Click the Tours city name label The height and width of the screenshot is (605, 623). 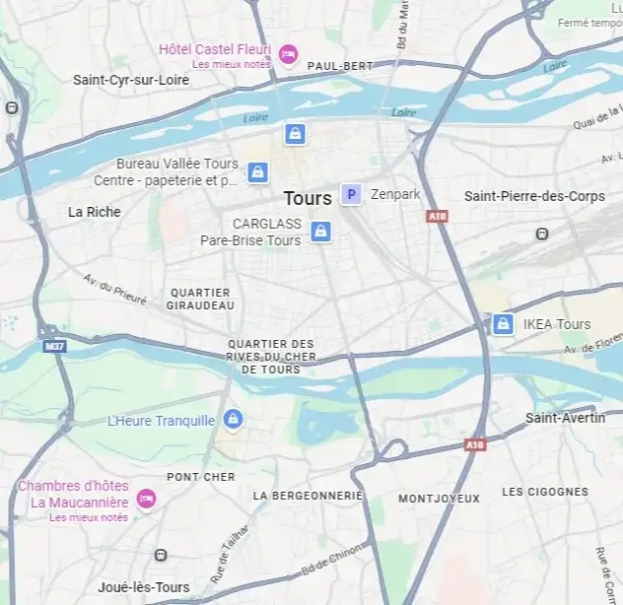pyautogui.click(x=308, y=198)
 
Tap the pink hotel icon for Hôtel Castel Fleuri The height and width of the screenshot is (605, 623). pyautogui.click(x=288, y=53)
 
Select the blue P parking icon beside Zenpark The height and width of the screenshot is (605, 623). pyautogui.click(x=350, y=195)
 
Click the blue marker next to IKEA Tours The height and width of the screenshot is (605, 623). pyautogui.click(x=503, y=324)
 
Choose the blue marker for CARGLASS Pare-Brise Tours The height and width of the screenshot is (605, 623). pyautogui.click(x=319, y=232)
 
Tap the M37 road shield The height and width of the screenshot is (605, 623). pyautogui.click(x=54, y=346)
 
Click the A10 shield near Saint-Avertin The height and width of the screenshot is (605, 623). pyautogui.click(x=475, y=445)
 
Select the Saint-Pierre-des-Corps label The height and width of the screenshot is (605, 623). pyautogui.click(x=534, y=197)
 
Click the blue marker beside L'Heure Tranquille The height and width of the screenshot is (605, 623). pyautogui.click(x=234, y=420)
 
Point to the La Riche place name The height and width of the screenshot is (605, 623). pyautogui.click(x=95, y=212)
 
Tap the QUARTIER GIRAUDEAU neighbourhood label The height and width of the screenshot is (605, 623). pyautogui.click(x=201, y=299)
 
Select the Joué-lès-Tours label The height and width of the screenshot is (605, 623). pyautogui.click(x=144, y=588)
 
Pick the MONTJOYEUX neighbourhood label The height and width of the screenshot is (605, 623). pyautogui.click(x=438, y=499)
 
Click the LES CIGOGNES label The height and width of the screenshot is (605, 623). pyautogui.click(x=544, y=492)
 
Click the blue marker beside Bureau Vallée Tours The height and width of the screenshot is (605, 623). pyautogui.click(x=257, y=172)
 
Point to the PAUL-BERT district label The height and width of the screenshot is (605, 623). pyautogui.click(x=340, y=66)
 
